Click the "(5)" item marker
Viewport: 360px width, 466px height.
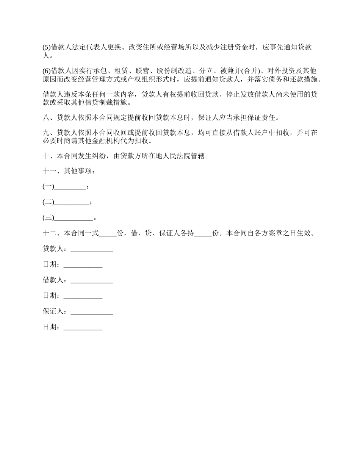[46, 47]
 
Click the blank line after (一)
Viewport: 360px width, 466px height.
[70, 187]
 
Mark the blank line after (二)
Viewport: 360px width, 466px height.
[72, 202]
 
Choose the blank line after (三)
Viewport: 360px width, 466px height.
[74, 218]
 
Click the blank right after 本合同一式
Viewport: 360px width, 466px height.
[108, 233]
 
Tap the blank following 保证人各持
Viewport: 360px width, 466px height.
[203, 233]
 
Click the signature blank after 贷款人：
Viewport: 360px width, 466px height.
[92, 249]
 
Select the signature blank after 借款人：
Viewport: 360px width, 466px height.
[92, 280]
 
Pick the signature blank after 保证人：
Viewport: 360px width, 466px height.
[92, 311]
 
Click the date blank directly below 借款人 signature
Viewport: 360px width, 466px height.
[83, 296]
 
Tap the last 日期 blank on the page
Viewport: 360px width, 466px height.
[83, 327]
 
